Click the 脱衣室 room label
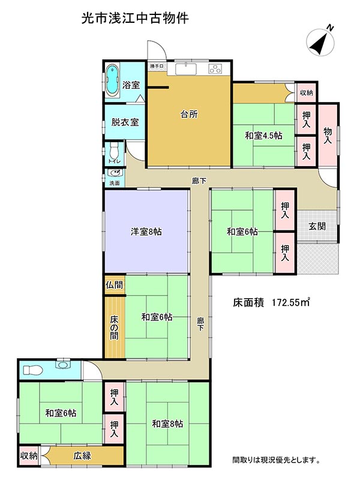click(x=125, y=122)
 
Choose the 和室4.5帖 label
click(x=263, y=136)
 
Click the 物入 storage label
click(x=328, y=135)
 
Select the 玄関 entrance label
click(x=317, y=226)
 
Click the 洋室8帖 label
click(x=146, y=231)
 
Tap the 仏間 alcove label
click(x=115, y=285)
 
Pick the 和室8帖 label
click(x=167, y=424)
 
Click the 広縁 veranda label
click(x=82, y=455)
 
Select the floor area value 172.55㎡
click(x=289, y=302)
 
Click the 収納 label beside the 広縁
click(x=29, y=455)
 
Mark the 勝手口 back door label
click(x=157, y=67)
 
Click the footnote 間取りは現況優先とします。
click(x=276, y=460)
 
